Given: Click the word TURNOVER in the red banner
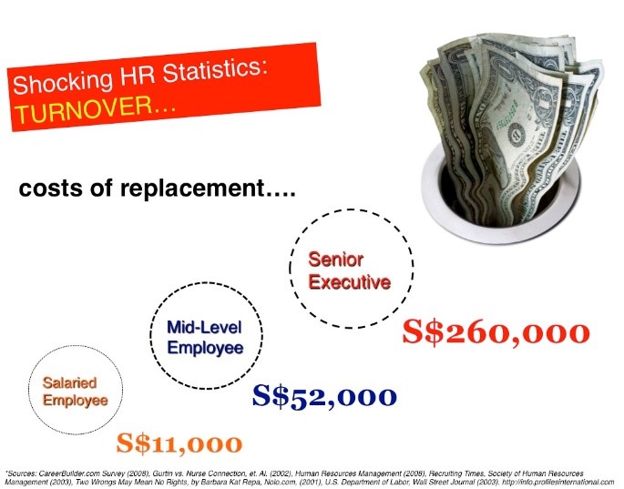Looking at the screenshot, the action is coord(84,109).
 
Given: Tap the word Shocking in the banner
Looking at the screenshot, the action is coord(63,81).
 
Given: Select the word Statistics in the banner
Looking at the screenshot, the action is coord(214,69).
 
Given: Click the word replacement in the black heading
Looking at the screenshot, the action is coord(192,188).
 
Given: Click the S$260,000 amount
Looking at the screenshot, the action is coord(496,332).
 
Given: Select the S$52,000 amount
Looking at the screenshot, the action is coord(324,396).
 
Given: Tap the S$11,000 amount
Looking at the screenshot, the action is coord(179,443).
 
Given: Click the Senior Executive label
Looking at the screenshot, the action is coord(350,271).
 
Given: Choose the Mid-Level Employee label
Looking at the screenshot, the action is coord(205,338).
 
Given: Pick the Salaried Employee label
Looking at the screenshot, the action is coord(76,392).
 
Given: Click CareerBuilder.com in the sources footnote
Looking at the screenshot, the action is coord(68,474).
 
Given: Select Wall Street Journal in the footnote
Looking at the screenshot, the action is coord(449,482).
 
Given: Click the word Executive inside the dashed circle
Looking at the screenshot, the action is coord(350,282).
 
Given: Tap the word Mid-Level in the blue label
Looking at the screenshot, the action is coord(204,328).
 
